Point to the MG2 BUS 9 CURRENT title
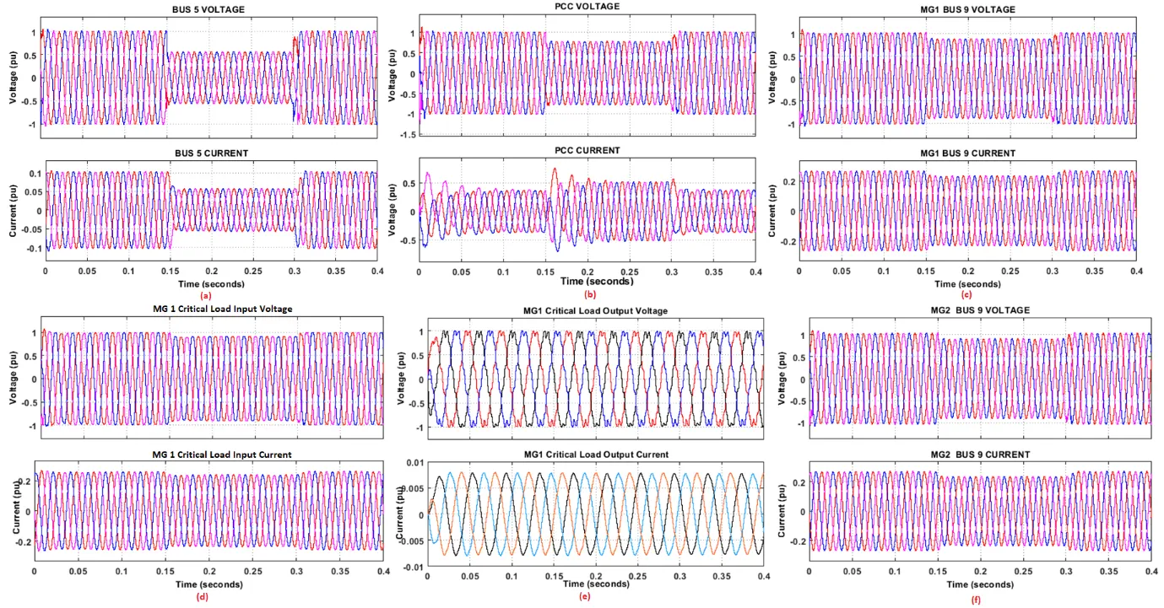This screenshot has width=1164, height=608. [x=979, y=455]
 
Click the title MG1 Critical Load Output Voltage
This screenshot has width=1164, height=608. [x=595, y=311]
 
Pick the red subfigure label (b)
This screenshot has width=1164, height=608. [x=588, y=294]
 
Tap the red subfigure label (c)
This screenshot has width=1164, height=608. [x=966, y=295]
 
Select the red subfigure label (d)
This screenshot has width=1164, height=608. [x=203, y=597]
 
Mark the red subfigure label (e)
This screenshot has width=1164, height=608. [x=586, y=596]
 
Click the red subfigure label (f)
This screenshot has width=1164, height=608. [x=979, y=600]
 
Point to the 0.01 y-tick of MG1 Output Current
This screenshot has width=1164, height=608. [x=414, y=463]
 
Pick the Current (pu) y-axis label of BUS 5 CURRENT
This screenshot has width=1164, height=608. [x=14, y=211]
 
